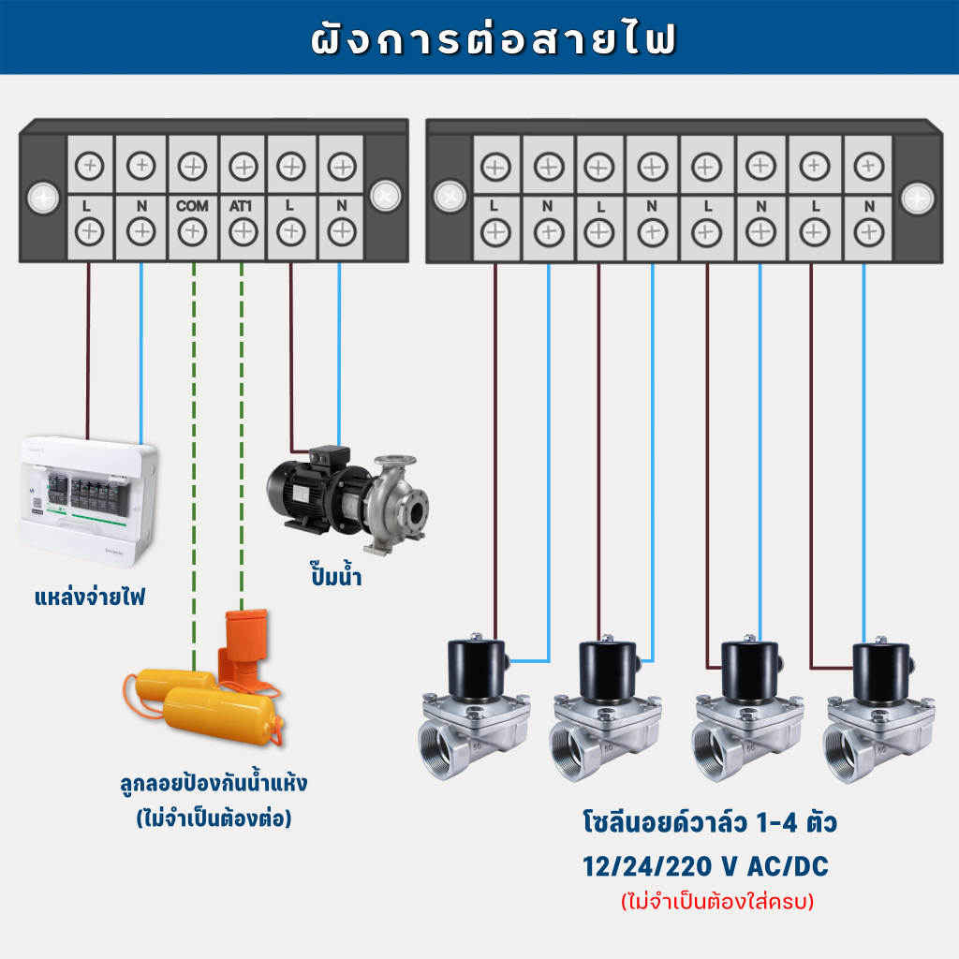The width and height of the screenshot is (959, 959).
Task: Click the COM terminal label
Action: pos(192,206)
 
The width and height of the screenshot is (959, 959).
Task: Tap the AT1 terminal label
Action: pos(241,206)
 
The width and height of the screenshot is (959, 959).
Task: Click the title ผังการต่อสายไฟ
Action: pos(493,38)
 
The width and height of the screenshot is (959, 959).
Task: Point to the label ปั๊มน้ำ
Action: pos(336,575)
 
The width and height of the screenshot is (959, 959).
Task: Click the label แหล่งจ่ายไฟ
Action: pos(90,597)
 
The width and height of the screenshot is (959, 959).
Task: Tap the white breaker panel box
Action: pos(89,501)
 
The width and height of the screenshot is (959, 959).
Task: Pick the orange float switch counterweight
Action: pos(243,648)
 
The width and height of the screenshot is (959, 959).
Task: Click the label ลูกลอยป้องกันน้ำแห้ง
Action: pos(214,783)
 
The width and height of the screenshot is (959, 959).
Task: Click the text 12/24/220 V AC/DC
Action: pos(705,866)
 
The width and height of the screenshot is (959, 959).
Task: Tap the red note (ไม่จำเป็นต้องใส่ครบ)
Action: pos(717,902)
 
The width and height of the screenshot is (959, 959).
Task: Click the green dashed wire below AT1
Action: pos(242,436)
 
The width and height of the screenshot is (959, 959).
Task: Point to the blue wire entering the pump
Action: pos(339,355)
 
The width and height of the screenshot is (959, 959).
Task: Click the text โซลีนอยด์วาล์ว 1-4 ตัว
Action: pos(710,822)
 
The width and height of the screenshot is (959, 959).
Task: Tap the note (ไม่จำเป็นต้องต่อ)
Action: pos(214,819)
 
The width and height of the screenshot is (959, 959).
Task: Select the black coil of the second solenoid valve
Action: pos(609,671)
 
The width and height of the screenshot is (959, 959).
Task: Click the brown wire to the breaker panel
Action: pos(88,351)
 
